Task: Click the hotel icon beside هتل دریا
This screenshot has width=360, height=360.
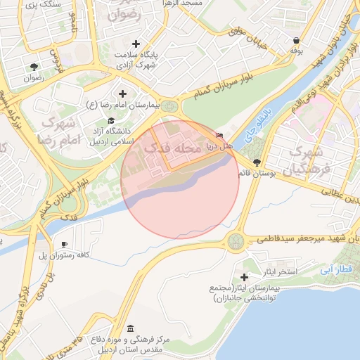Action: tap(220, 135)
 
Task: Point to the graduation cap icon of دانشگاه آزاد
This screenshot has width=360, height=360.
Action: tap(111, 121)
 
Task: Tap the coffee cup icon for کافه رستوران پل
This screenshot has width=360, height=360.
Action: tap(65, 244)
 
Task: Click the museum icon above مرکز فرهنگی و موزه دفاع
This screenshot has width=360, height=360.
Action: tap(131, 328)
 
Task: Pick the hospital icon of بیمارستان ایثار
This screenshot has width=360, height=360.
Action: tap(245, 278)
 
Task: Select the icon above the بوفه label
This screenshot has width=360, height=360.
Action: tap(296, 40)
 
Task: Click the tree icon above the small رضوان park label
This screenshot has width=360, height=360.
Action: tap(34, 67)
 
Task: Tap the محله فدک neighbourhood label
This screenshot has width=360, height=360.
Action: tap(167, 148)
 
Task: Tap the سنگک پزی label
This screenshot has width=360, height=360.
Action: tap(43, 5)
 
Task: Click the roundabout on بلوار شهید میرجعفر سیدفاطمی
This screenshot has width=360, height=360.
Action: tap(236, 242)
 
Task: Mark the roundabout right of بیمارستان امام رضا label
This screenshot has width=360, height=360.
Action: tap(169, 106)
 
